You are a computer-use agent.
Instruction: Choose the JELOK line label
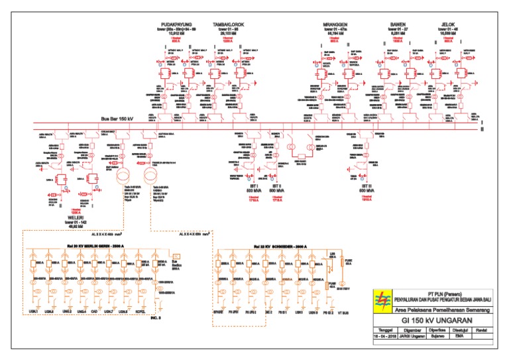click(448, 25)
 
